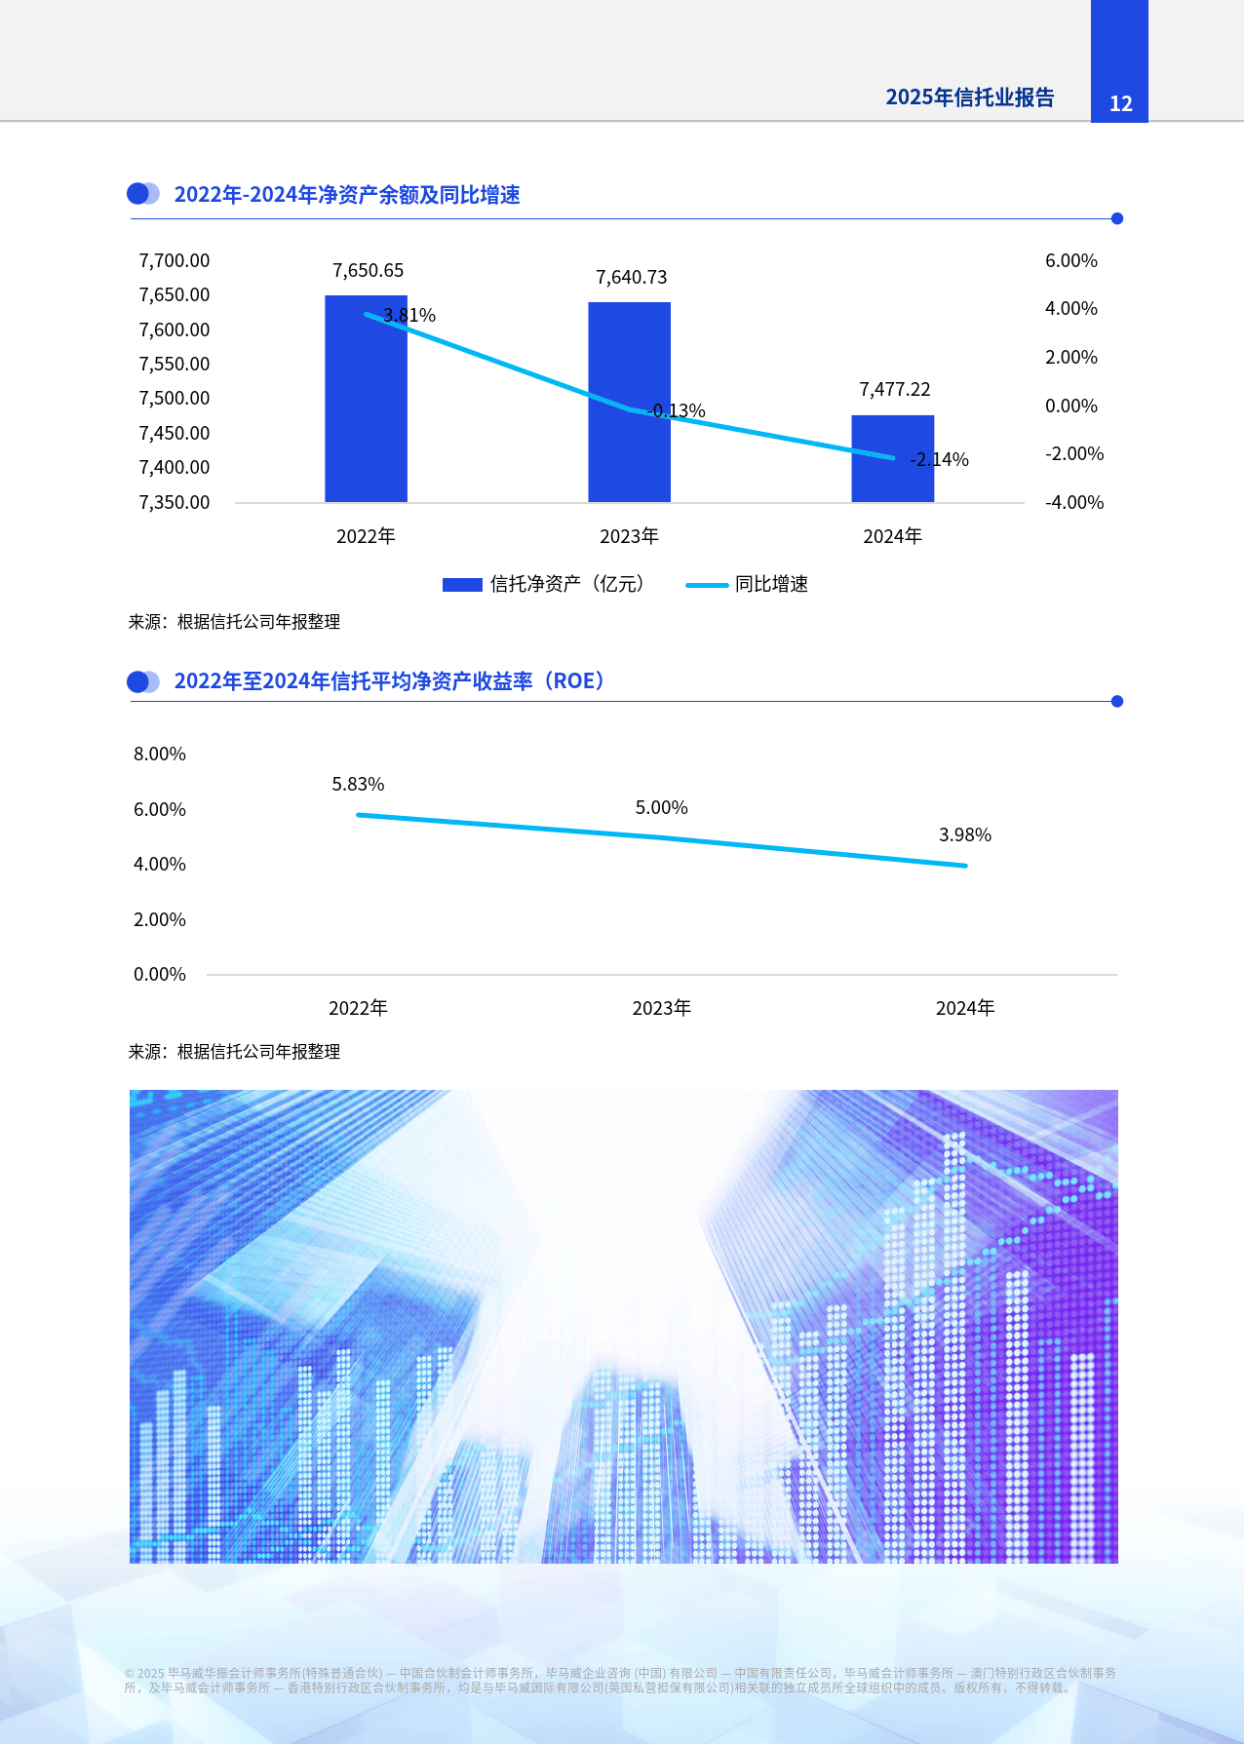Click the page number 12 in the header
tap(1120, 103)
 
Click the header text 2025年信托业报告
tap(969, 97)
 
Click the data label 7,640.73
tap(632, 278)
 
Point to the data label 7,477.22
tap(894, 390)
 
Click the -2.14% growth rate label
tap(939, 460)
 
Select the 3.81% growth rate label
tap(409, 316)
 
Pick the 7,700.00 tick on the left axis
tap(175, 260)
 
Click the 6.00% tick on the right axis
tap(1070, 260)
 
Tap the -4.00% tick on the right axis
tap(1073, 502)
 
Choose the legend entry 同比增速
tap(770, 584)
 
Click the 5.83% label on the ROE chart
tap(358, 785)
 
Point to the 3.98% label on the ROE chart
tap(964, 835)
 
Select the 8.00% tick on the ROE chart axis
tap(160, 754)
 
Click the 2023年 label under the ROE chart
tap(661, 1008)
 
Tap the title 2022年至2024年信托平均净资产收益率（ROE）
tap(390, 681)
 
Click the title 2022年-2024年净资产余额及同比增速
tap(346, 195)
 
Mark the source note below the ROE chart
tap(234, 1052)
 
